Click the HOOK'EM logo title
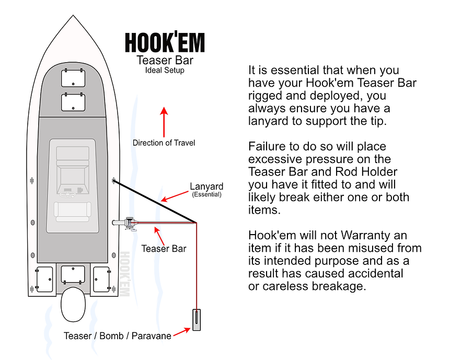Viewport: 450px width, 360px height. pyautogui.click(x=165, y=42)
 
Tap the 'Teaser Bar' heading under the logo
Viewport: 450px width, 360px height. pyautogui.click(x=165, y=60)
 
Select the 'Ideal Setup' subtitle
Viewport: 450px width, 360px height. pyautogui.click(x=165, y=70)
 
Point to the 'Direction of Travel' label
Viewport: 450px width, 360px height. pyautogui.click(x=164, y=143)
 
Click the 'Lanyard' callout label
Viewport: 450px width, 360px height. pyautogui.click(x=206, y=187)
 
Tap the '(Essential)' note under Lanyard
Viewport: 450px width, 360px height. pyautogui.click(x=206, y=194)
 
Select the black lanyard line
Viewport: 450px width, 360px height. pyautogui.click(x=154, y=201)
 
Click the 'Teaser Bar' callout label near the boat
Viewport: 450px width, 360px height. pyautogui.click(x=164, y=249)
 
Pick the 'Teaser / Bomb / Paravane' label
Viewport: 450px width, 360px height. pyautogui.click(x=118, y=335)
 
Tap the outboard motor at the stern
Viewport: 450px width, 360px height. pyautogui.click(x=73, y=305)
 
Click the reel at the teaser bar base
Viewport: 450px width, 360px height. pyautogui.click(x=129, y=224)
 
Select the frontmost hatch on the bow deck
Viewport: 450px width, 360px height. pyautogui.click(x=73, y=78)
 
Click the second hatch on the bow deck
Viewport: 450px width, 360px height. pyautogui.click(x=73, y=101)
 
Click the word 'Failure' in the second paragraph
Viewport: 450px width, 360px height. pyautogui.click(x=266, y=146)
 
